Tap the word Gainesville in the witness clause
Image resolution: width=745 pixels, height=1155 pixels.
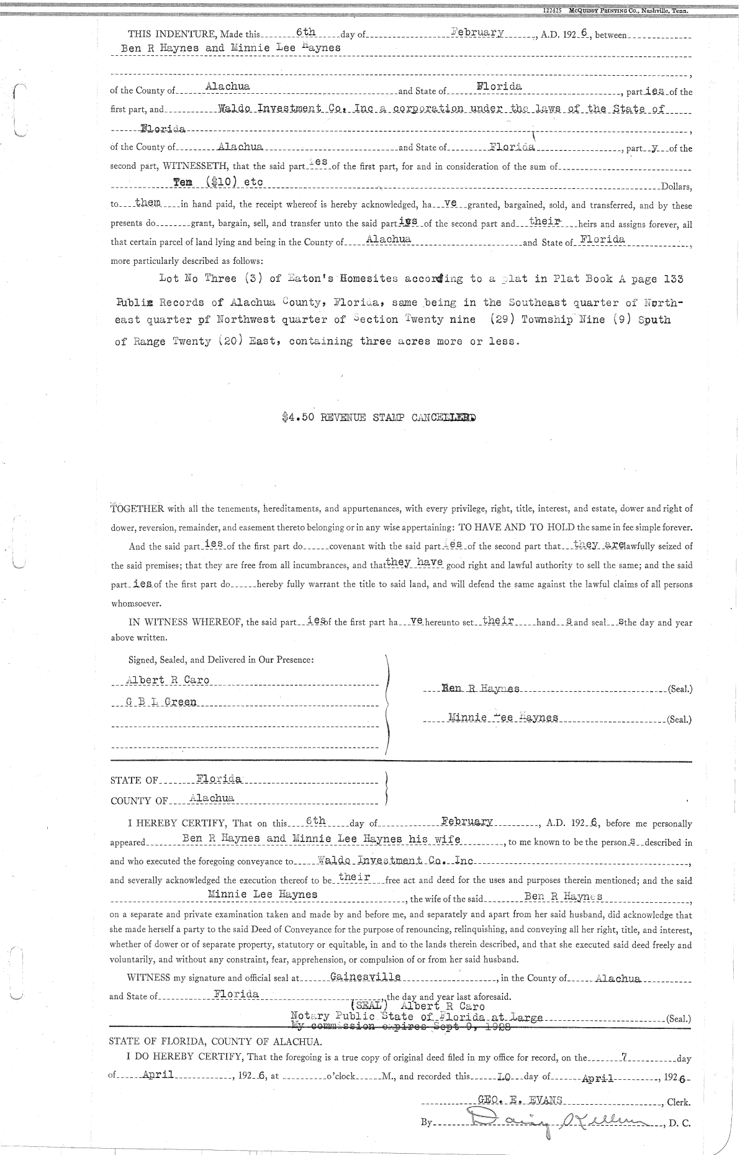coord(366,977)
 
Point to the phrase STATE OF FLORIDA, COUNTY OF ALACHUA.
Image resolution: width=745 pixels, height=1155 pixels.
coord(215,1041)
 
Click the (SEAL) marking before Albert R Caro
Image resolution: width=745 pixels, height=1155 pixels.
coord(370,1006)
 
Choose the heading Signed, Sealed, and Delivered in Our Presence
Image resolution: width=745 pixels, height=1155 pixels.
coord(220,659)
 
